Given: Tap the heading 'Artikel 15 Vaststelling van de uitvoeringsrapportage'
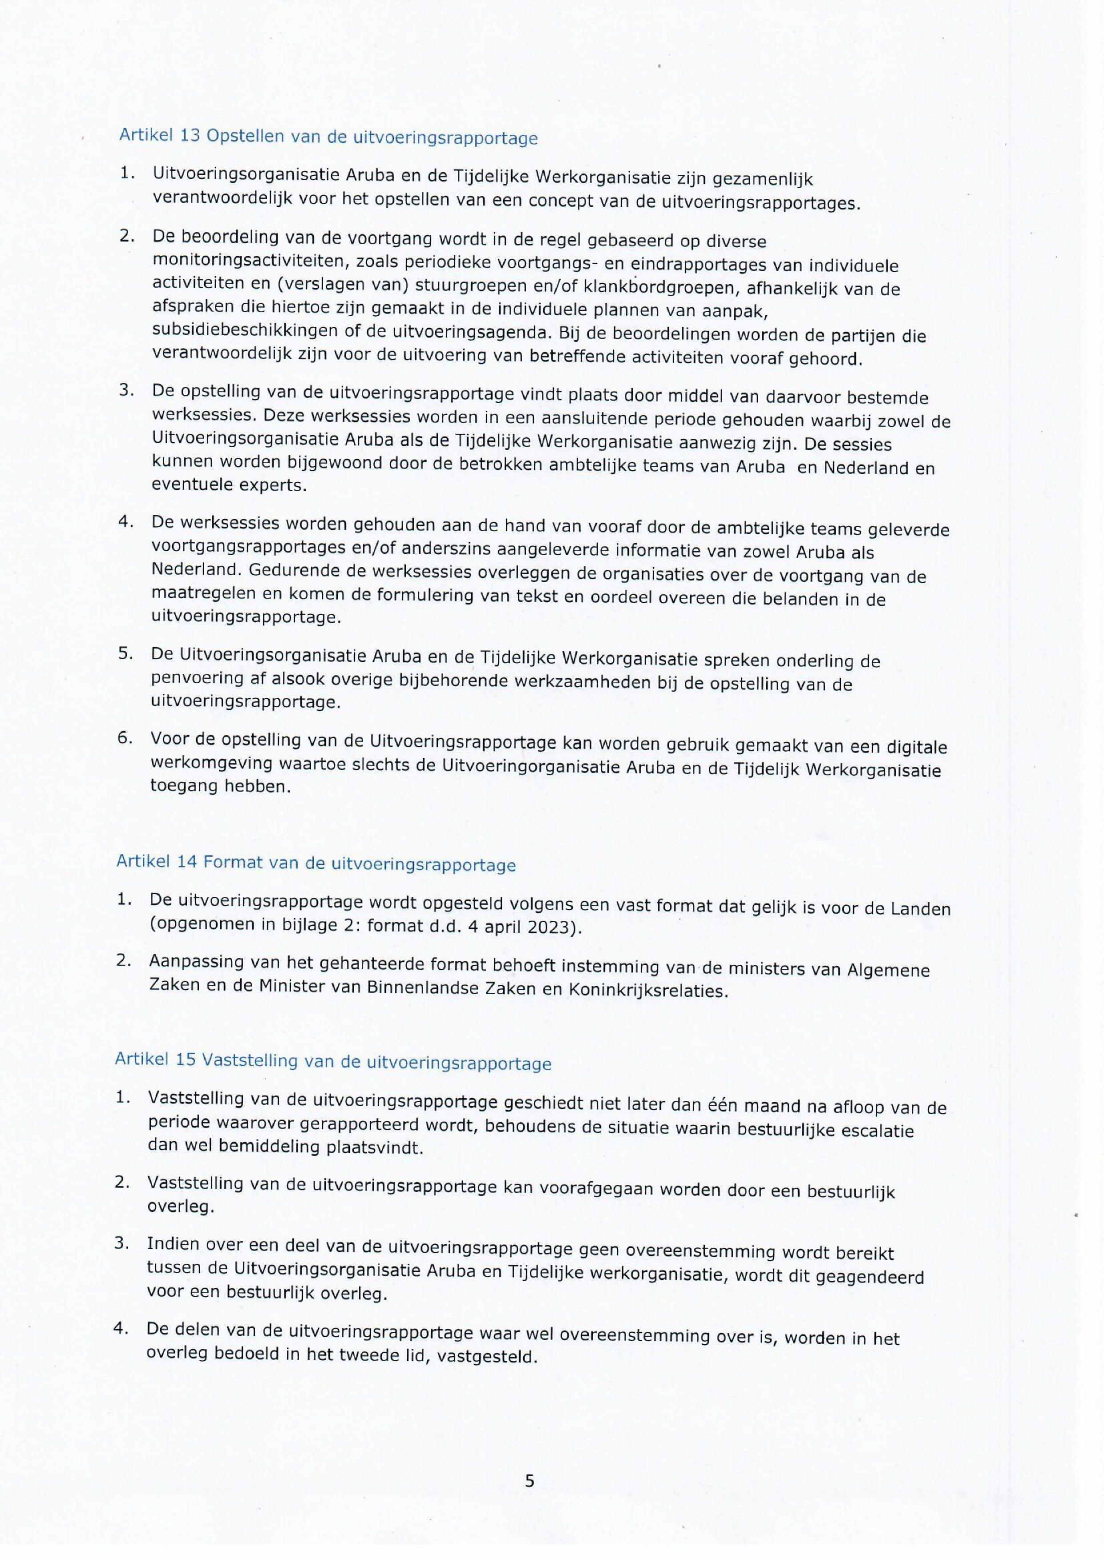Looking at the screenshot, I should coord(333,1061).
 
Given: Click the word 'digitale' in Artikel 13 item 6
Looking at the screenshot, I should coord(916,747).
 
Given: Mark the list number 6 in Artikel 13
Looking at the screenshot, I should coord(125,738).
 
